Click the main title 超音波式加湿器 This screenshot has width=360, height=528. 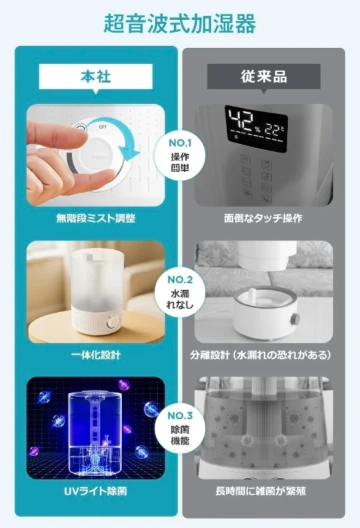tap(179, 23)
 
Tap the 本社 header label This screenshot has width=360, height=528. tap(95, 77)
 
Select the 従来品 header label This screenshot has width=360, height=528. tap(264, 77)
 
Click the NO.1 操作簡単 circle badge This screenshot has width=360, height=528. tap(180, 154)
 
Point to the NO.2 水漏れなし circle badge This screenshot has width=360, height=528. tap(180, 291)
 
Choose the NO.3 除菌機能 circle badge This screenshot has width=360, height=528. tap(180, 427)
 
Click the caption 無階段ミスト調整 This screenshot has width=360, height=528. tap(95, 219)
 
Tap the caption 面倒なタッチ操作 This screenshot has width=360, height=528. tap(263, 219)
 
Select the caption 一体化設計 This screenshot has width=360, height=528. tap(95, 355)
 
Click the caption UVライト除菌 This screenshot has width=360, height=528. tap(95, 491)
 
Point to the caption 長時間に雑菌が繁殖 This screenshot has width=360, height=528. tap(261, 491)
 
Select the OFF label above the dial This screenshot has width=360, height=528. tap(103, 127)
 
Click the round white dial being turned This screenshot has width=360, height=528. tap(97, 155)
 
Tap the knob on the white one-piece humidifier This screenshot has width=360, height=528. tap(111, 323)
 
